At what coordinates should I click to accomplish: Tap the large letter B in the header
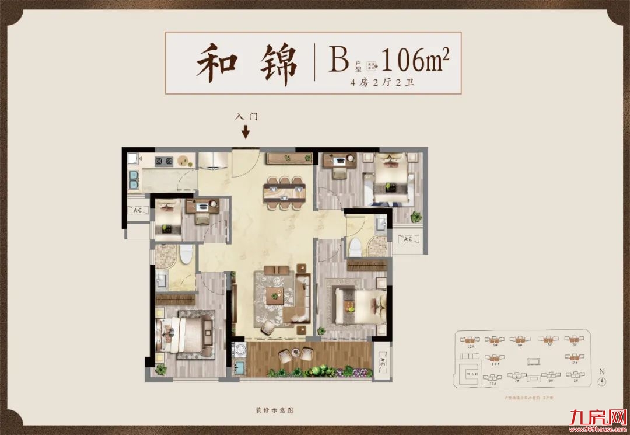pos(338,60)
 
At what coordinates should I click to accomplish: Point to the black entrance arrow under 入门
pos(246,132)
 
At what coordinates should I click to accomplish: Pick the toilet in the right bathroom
pos(354,247)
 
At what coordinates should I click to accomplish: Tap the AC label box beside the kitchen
pos(138,211)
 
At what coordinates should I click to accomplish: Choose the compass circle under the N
pos(602,382)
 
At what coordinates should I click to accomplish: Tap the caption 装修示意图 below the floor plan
pos(274,410)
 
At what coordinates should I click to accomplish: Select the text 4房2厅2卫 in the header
pos(383,82)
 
